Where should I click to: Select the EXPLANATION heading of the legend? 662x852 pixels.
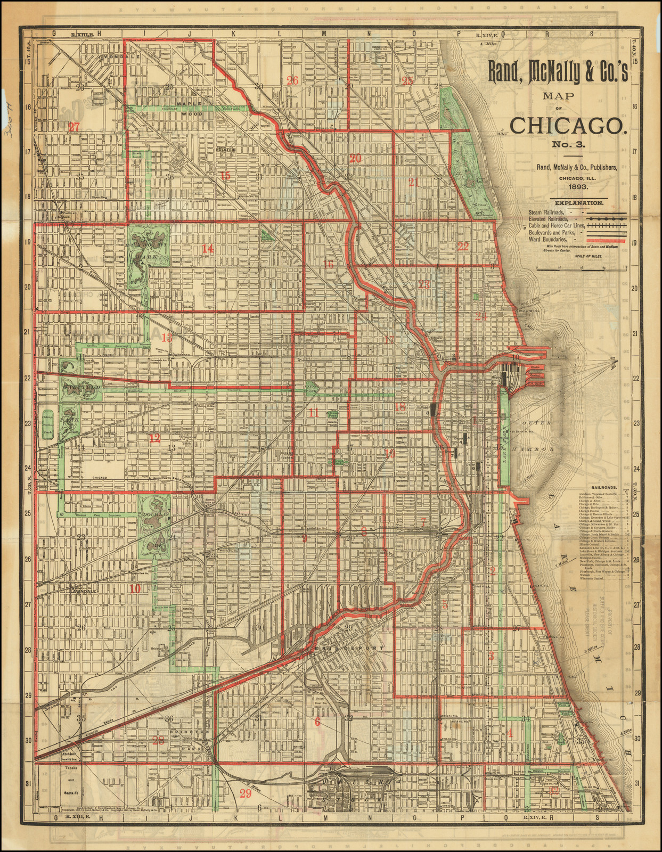(x=579, y=203)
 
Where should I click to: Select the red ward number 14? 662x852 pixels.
(x=207, y=248)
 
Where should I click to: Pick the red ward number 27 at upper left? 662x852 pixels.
(x=73, y=127)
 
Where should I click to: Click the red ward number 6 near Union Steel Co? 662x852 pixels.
(x=317, y=722)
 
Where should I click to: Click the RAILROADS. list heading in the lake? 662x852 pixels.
(x=604, y=487)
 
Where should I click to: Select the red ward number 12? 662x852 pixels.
(x=154, y=438)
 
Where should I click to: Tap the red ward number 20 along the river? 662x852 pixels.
(x=355, y=158)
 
